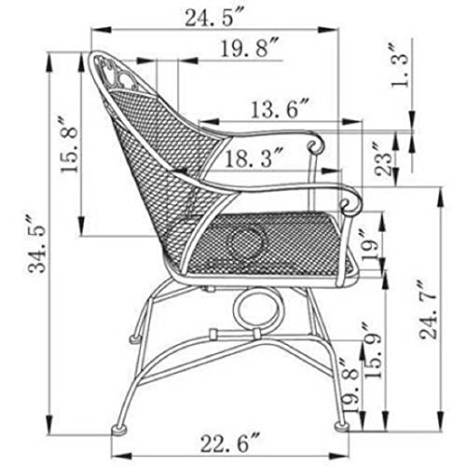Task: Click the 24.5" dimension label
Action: (x=215, y=18)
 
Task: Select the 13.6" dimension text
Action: (x=281, y=109)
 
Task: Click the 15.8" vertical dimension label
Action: (x=69, y=144)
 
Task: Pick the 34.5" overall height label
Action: (x=36, y=243)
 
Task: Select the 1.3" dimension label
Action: (x=400, y=66)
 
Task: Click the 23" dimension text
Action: (x=383, y=159)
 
